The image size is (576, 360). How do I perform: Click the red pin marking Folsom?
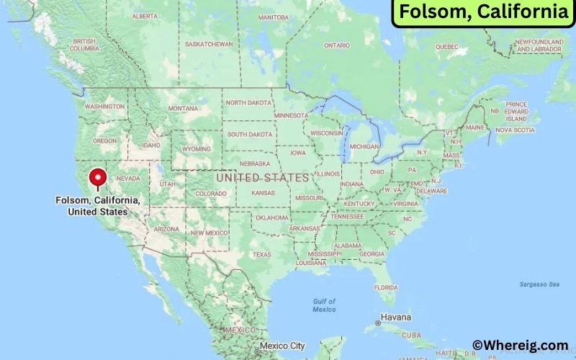[96, 178]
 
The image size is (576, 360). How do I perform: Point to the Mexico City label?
[283, 346]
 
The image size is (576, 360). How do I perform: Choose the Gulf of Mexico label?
[324, 305]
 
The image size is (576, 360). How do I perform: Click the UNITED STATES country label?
[262, 177]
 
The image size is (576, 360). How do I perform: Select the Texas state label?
[262, 254]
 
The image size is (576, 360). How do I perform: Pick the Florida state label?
[385, 287]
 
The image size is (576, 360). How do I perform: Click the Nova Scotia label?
[515, 130]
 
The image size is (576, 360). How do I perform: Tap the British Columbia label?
[85, 45]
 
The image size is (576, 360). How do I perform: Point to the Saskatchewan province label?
[209, 44]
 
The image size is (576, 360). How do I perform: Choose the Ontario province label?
[336, 45]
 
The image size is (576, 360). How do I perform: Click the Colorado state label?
[211, 193]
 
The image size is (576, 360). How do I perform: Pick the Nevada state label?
[128, 178]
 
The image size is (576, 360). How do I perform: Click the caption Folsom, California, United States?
[97, 207]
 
